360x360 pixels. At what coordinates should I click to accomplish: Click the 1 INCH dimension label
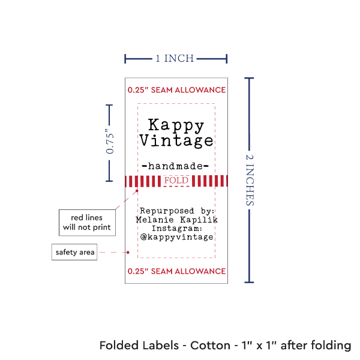point(175,58)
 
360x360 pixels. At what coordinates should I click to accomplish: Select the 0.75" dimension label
point(110,143)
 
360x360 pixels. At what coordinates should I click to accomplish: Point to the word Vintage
point(176,141)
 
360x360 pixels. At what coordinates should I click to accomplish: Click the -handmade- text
point(175,166)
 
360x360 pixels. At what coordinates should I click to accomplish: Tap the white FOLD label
point(176,181)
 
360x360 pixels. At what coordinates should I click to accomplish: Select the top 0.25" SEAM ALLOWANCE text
point(176,90)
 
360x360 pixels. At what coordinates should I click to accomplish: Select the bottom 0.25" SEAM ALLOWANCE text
point(176,271)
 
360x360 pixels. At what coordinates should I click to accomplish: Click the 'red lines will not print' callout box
point(86,222)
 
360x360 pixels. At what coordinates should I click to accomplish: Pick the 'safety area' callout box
point(75,252)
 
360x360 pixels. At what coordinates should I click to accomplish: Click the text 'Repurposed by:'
point(176,211)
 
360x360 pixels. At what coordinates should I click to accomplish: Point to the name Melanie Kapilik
point(176,220)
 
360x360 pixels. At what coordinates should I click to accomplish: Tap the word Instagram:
point(176,229)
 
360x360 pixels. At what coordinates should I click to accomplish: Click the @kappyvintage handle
point(176,238)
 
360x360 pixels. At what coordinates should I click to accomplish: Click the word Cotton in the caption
point(210,346)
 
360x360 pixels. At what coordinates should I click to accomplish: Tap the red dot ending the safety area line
point(129,252)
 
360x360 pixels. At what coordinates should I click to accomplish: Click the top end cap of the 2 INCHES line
point(251,78)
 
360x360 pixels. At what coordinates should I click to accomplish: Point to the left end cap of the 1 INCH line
point(125,59)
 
